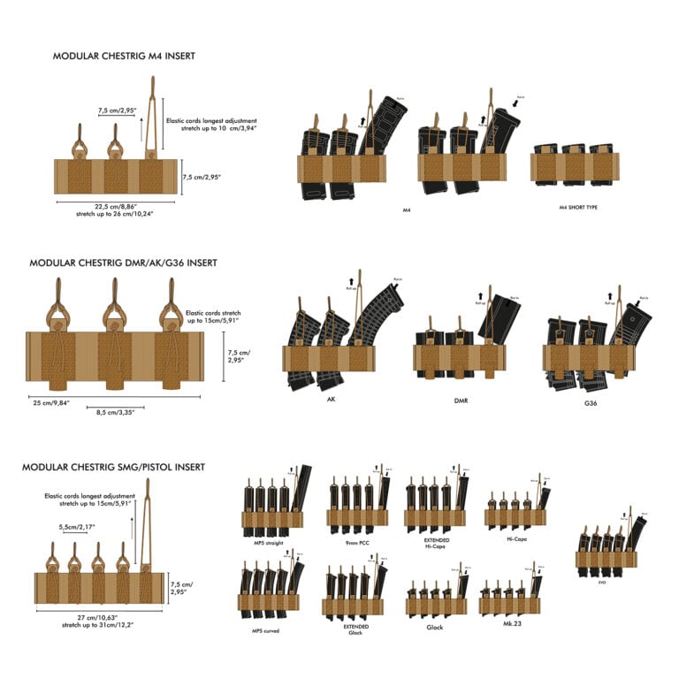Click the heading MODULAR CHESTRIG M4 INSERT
[124, 56]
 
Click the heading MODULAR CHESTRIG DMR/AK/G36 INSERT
[123, 263]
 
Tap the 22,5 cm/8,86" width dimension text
[115, 206]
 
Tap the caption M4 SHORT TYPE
[576, 210]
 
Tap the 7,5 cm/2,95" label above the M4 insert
[117, 111]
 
